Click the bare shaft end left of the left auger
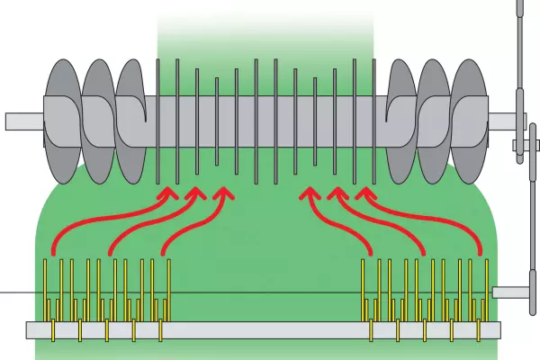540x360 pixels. (x=23, y=121)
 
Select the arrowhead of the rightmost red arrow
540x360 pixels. (x=364, y=193)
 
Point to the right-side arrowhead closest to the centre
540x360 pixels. (x=310, y=193)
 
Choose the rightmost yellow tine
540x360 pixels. (x=487, y=288)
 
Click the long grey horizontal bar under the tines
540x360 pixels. (x=261, y=330)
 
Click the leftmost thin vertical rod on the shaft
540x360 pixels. (x=158, y=117)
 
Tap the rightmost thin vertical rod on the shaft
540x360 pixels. (x=373, y=117)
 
